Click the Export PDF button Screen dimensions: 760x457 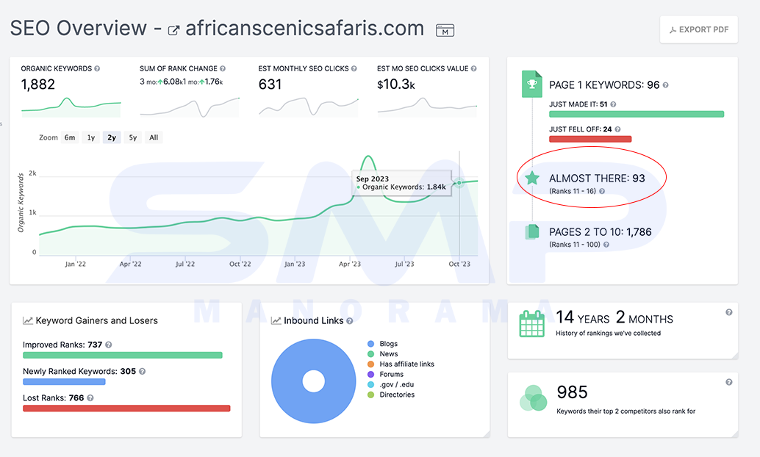[698, 29]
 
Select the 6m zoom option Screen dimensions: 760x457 [70, 137]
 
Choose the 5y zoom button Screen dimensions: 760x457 [133, 137]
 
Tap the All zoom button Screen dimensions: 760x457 [154, 137]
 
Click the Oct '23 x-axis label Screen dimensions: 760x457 [459, 264]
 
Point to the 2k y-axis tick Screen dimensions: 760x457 [32, 173]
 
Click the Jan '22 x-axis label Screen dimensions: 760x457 [76, 264]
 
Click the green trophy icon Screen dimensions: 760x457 [531, 84]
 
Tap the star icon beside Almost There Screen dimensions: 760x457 [532, 178]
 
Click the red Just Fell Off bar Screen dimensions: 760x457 [590, 139]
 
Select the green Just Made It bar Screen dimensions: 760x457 [637, 115]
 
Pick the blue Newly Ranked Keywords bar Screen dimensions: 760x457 [64, 382]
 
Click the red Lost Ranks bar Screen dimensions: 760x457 [126, 409]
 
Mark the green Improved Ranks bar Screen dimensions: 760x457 [123, 355]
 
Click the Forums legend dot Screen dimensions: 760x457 [370, 374]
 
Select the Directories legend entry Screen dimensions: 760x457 [391, 395]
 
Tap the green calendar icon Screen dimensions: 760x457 [531, 324]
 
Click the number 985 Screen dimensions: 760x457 [572, 392]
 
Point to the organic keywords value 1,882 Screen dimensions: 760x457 [37, 84]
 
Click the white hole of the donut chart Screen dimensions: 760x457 [314, 381]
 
